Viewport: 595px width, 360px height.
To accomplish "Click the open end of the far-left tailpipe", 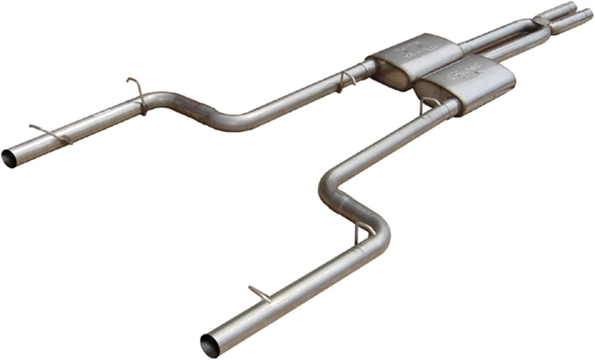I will (9, 158).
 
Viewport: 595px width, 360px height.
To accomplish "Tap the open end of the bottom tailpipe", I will (210, 346).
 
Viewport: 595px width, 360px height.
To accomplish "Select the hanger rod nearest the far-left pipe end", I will (50, 133).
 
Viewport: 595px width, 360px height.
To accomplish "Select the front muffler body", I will (466, 83).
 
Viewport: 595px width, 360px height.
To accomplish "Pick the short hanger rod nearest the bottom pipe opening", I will (260, 293).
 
